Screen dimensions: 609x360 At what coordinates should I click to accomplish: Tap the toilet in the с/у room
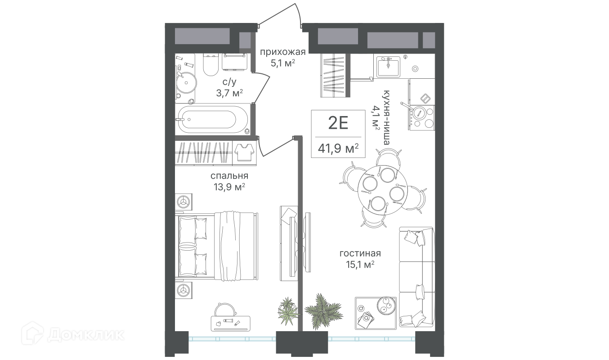coord(211,64)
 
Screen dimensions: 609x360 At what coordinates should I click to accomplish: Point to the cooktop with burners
coord(422,117)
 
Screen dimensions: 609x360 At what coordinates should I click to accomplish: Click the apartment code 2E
coord(338,123)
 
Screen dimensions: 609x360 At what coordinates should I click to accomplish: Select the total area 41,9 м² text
coord(338,148)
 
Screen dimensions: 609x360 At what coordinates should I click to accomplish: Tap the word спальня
coord(229,176)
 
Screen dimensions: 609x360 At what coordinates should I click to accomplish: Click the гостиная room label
coord(360,253)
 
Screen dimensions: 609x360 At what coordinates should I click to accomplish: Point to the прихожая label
coord(282,52)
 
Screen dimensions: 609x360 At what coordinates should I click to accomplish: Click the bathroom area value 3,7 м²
coord(229,93)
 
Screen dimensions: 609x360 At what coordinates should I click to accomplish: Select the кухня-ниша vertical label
coord(386,117)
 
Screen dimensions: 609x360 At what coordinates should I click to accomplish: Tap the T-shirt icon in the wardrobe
coord(244,153)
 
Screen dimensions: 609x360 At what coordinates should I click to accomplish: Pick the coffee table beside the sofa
coord(376,313)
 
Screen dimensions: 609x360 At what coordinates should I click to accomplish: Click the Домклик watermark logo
coord(73,335)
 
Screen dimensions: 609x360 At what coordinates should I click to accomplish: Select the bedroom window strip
coord(233,339)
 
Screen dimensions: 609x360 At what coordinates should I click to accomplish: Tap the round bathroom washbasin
coord(186,82)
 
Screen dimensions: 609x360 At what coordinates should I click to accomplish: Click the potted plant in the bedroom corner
coord(288,311)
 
